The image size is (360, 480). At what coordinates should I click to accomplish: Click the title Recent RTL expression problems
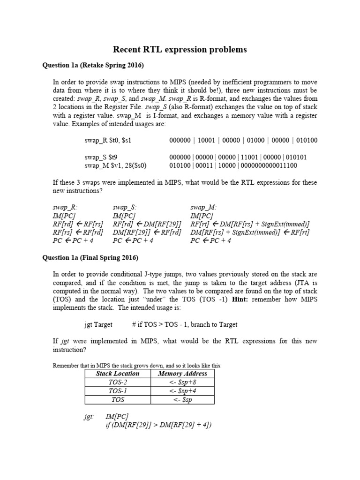[180, 49]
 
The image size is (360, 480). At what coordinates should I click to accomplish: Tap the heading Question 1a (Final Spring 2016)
[90, 257]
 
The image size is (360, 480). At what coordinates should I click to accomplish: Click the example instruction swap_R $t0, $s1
[112, 140]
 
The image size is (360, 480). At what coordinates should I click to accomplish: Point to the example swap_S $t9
[100, 157]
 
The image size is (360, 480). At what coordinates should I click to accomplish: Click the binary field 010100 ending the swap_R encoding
[307, 140]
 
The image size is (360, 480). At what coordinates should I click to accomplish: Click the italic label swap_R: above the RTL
[65, 207]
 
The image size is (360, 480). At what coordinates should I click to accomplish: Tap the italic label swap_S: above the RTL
[125, 207]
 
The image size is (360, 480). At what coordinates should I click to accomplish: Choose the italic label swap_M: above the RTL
[203, 207]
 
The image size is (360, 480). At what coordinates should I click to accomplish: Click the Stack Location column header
[118, 374]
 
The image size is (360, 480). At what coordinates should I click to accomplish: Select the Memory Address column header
[182, 374]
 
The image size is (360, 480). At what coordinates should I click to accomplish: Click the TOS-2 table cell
[118, 382]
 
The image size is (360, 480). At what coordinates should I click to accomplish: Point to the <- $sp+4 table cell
[182, 391]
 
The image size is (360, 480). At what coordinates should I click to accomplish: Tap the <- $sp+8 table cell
[182, 382]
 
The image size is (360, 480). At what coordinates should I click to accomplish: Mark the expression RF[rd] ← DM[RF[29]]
[147, 224]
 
